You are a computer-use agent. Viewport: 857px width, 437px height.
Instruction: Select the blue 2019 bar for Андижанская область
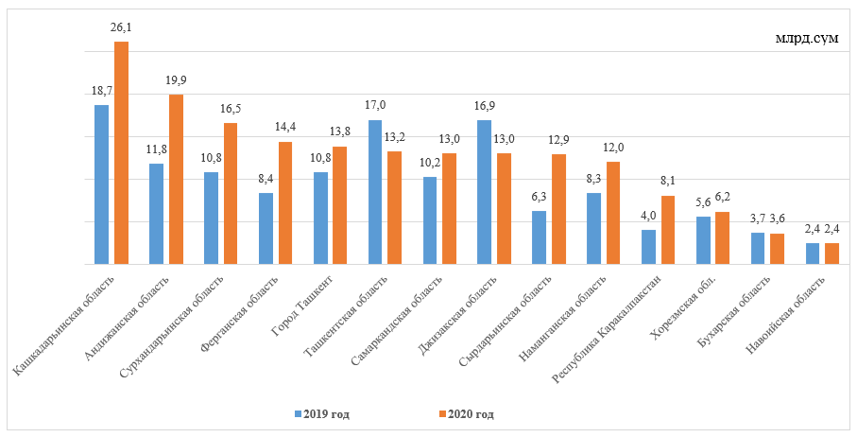pyautogui.click(x=156, y=214)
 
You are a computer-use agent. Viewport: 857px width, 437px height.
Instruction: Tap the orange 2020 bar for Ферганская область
pyautogui.click(x=285, y=203)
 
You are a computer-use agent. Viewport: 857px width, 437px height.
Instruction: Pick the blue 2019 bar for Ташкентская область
pyautogui.click(x=375, y=192)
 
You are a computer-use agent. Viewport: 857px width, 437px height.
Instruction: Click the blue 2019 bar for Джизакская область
pyautogui.click(x=485, y=192)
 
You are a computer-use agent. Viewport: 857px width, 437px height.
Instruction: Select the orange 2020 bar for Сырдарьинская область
pyautogui.click(x=559, y=209)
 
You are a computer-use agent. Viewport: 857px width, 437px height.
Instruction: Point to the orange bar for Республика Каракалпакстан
pyautogui.click(x=669, y=230)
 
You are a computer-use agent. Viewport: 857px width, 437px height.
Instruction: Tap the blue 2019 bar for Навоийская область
pyautogui.click(x=813, y=253)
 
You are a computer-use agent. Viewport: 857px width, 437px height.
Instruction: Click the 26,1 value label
pyautogui.click(x=121, y=28)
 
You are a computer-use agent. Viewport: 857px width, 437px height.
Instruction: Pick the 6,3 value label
pyautogui.click(x=539, y=197)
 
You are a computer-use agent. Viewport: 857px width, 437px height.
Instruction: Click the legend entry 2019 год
pyautogui.click(x=330, y=413)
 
